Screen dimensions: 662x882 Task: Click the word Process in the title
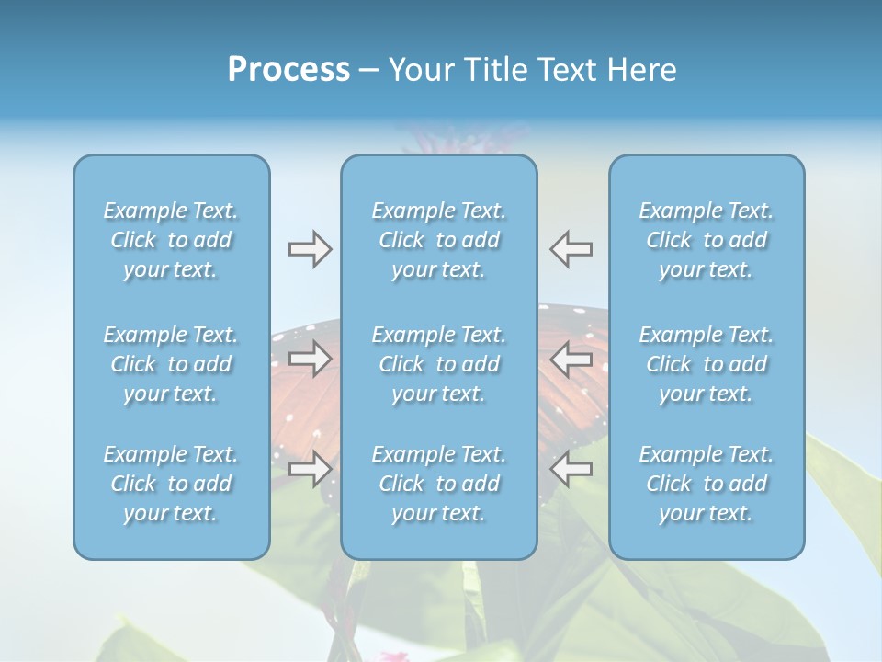(x=288, y=70)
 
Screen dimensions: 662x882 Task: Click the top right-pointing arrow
(x=310, y=248)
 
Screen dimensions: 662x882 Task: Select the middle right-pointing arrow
(x=310, y=359)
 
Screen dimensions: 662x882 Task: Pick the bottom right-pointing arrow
(x=310, y=468)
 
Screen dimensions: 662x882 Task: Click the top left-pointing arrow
(x=571, y=248)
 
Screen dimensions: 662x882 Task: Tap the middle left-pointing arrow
(x=571, y=359)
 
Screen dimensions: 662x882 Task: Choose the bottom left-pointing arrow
(x=571, y=468)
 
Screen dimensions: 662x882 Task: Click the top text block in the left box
(x=171, y=240)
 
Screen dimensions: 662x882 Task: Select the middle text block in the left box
(x=171, y=364)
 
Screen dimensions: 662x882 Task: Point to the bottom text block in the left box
(x=171, y=484)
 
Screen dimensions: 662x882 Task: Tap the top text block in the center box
(x=439, y=240)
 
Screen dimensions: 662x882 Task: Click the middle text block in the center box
(x=439, y=364)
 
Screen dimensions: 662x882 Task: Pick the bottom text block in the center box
(x=439, y=484)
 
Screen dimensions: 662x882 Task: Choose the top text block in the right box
(x=707, y=240)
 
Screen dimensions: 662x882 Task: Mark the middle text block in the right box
(x=707, y=364)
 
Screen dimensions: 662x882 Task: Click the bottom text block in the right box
(x=707, y=484)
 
